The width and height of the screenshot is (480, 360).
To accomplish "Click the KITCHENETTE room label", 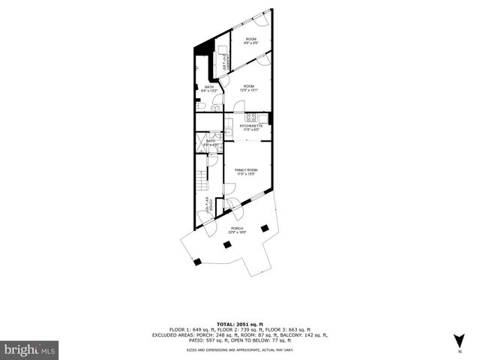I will coord(250,126).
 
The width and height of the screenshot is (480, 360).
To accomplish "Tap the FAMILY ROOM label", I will coord(246,170).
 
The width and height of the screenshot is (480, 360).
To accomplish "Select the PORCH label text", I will coord(237,228).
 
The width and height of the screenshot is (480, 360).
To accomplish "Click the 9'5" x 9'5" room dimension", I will coord(250,43).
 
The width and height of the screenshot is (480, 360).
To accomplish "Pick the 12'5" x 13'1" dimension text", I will coord(249,91).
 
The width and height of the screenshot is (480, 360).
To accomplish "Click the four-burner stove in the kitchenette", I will coord(251,117).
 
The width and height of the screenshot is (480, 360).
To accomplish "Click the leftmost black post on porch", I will coord(198,261).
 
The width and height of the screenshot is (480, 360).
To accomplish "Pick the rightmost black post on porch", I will coord(265,227).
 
